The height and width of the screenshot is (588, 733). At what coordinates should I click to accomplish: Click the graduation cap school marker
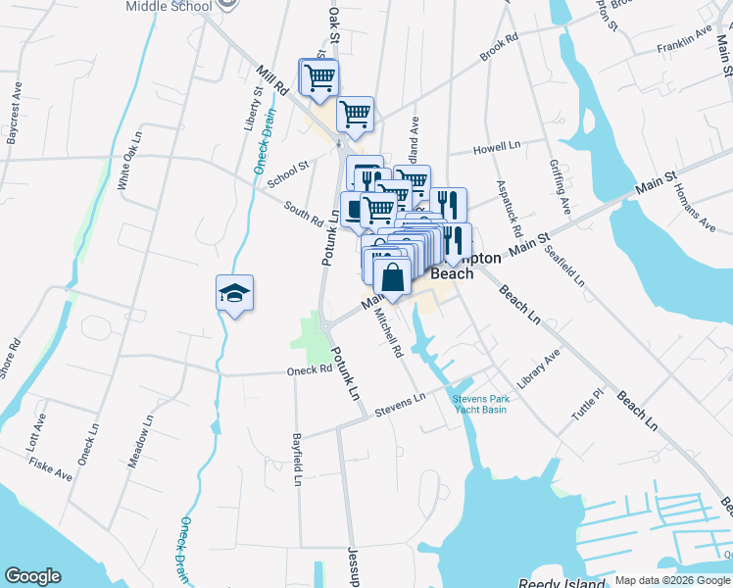pos(235,293)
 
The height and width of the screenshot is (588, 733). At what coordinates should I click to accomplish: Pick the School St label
pos(288,172)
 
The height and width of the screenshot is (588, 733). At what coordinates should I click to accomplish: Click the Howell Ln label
pos(497,147)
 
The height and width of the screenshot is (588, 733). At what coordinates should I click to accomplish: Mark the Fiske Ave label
pos(50,467)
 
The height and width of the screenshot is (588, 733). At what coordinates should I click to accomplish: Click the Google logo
pos(32,576)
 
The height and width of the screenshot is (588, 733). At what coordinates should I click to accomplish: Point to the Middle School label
pos(169,6)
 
